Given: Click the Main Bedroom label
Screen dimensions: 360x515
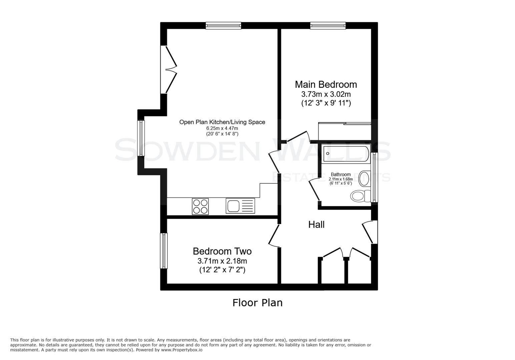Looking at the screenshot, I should pyautogui.click(x=326, y=84).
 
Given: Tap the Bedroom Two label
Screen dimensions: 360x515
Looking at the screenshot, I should pyautogui.click(x=222, y=251).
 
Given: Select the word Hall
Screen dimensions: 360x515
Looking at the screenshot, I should pyautogui.click(x=316, y=225).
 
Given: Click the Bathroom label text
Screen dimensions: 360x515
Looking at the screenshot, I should pyautogui.click(x=341, y=174).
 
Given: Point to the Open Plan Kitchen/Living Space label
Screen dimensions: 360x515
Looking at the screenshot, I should pyautogui.click(x=222, y=122).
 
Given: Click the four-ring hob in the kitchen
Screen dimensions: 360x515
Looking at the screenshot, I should pyautogui.click(x=200, y=206).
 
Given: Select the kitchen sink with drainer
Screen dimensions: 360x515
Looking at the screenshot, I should pyautogui.click(x=240, y=206).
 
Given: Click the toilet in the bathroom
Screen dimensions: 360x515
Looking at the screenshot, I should pyautogui.click(x=360, y=196).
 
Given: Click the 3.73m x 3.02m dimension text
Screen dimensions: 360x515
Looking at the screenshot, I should pyautogui.click(x=326, y=94).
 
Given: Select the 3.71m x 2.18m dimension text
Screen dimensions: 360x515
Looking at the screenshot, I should pyautogui.click(x=222, y=261).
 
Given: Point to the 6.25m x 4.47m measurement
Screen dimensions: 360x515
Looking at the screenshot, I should pyautogui.click(x=222, y=128).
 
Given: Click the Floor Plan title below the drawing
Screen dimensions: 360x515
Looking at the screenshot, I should pyautogui.click(x=257, y=303).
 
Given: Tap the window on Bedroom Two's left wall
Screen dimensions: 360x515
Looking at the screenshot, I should pyautogui.click(x=163, y=251).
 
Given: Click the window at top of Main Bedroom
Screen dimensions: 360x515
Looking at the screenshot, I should pyautogui.click(x=328, y=26).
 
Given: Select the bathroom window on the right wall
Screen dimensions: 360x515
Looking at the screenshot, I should pyautogui.click(x=375, y=177).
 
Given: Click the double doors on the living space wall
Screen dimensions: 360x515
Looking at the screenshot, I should pyautogui.click(x=168, y=70).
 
